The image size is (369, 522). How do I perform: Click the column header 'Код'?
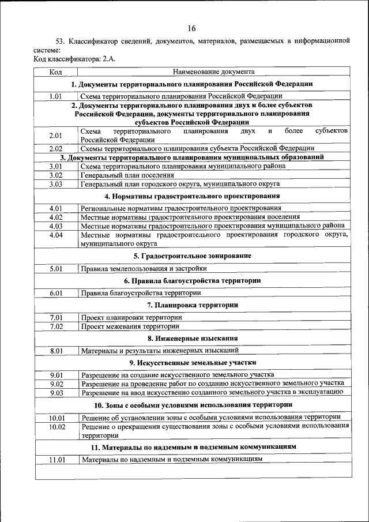[56, 72]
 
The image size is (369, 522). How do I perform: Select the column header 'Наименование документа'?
[213, 72]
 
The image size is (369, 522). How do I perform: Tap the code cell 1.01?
[56, 96]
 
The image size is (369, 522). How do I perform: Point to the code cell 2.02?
[56, 148]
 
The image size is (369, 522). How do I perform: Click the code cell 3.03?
[56, 184]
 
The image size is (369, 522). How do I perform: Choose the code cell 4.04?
[56, 235]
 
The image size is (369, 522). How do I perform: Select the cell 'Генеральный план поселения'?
[127, 175]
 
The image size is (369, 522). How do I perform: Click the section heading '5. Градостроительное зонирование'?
[193, 256]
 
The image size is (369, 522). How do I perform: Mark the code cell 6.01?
[56, 293]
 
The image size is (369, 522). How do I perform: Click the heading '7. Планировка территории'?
[193, 305]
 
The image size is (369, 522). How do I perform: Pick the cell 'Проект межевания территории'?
[130, 326]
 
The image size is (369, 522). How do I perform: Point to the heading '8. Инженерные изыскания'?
[193, 338]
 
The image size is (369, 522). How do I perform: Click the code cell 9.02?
[56, 384]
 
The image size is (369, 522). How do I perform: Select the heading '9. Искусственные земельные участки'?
[193, 363]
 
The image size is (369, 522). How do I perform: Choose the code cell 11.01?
[56, 460]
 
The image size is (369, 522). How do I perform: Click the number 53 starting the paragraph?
[59, 42]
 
